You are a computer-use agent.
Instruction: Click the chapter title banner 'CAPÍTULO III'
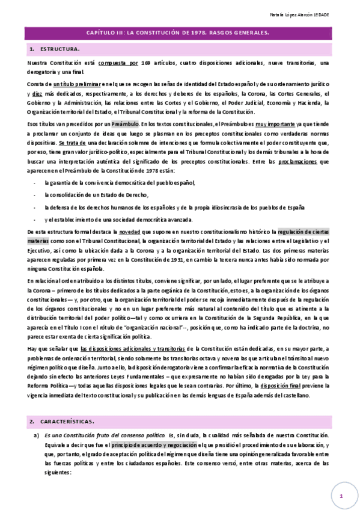click(180, 33)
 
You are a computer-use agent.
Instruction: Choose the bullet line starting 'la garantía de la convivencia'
click(120, 183)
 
